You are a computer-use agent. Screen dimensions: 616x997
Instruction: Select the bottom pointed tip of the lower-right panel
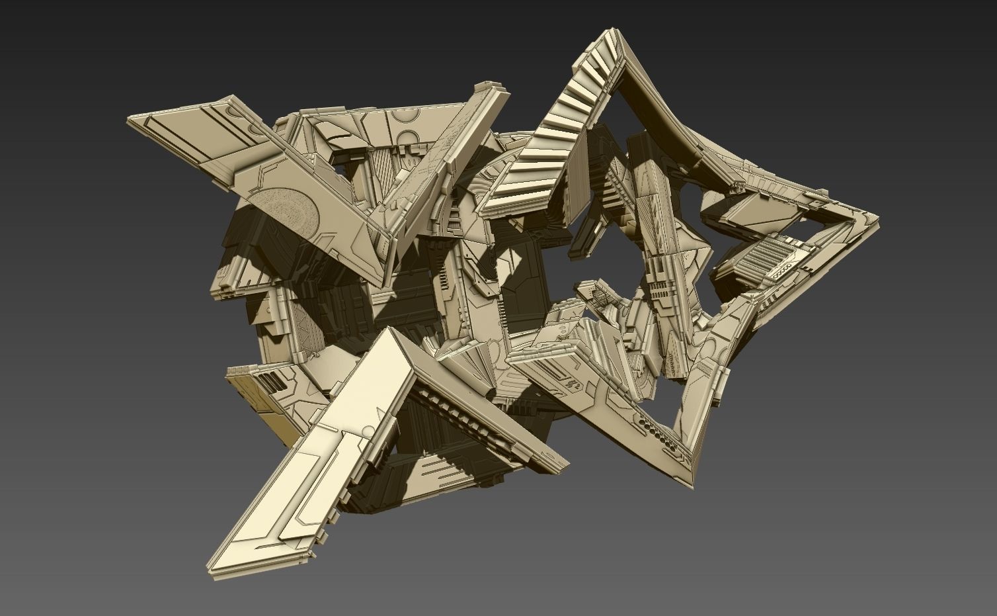692,486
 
